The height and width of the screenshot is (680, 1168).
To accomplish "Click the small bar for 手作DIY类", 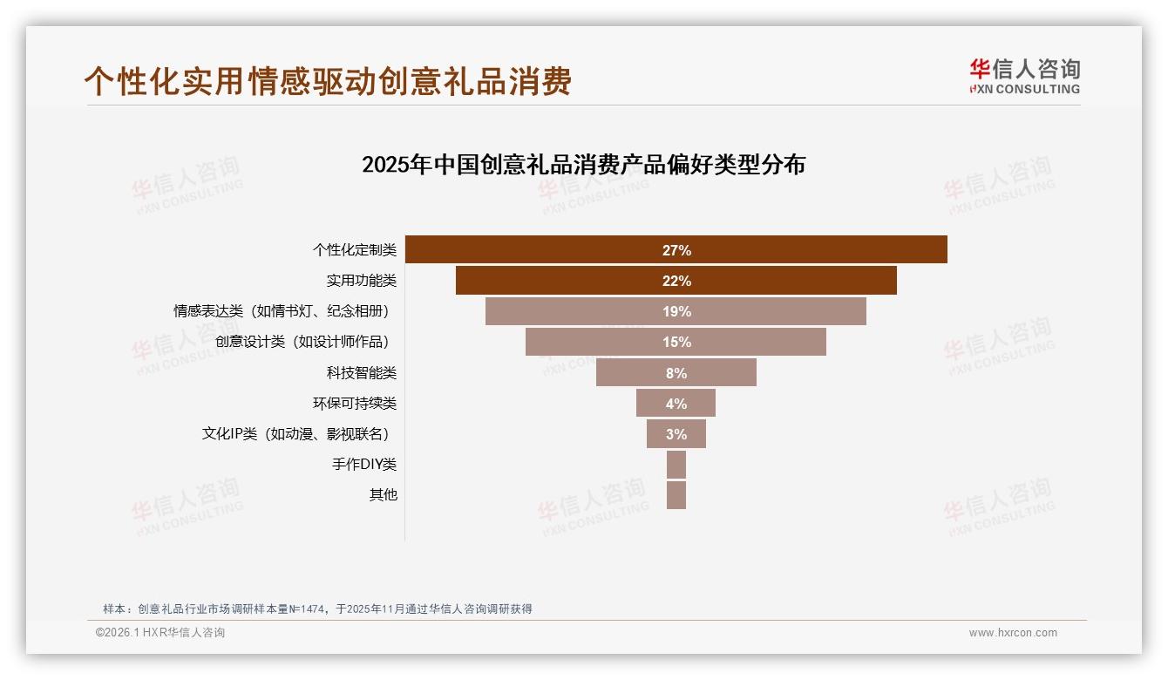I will coord(676,465).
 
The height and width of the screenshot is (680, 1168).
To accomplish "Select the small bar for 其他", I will coord(676,495).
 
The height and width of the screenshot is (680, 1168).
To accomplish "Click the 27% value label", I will coord(676,250).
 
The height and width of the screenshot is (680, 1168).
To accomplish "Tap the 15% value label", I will coord(676,342).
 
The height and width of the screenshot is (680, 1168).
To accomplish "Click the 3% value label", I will coord(676,434).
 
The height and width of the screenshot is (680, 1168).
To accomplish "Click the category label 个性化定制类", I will coord(355,250).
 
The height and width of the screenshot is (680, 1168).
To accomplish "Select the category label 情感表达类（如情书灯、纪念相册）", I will coord(282,311).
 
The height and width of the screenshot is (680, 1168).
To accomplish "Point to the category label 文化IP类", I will coord(296,434).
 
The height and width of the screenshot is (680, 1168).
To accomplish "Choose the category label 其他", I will coord(383,495).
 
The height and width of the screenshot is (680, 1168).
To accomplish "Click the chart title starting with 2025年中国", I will coord(583,165).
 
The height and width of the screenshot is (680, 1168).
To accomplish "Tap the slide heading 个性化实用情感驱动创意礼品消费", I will coord(328,81).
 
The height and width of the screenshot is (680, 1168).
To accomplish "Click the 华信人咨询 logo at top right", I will coord(1024,77).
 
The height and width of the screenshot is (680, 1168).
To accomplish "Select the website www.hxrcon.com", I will coord(1013,633).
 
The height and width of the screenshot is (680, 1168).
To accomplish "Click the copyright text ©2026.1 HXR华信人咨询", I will coord(160,633).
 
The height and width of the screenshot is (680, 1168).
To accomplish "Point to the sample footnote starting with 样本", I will coord(317,609).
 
